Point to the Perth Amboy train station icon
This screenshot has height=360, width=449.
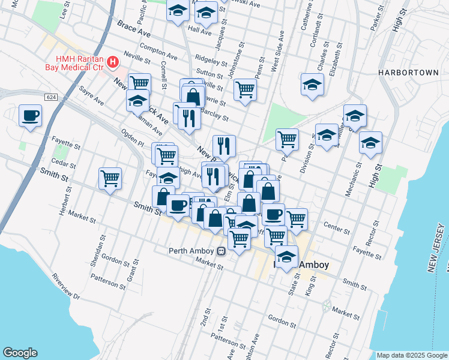click(x=221, y=251)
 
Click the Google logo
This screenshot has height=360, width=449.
click(x=20, y=353)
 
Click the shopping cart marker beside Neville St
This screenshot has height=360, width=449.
click(x=139, y=83)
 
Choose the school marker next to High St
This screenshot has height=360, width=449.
click(x=370, y=143)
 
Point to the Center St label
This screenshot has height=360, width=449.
click(x=336, y=228)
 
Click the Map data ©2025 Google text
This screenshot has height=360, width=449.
click(x=412, y=355)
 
